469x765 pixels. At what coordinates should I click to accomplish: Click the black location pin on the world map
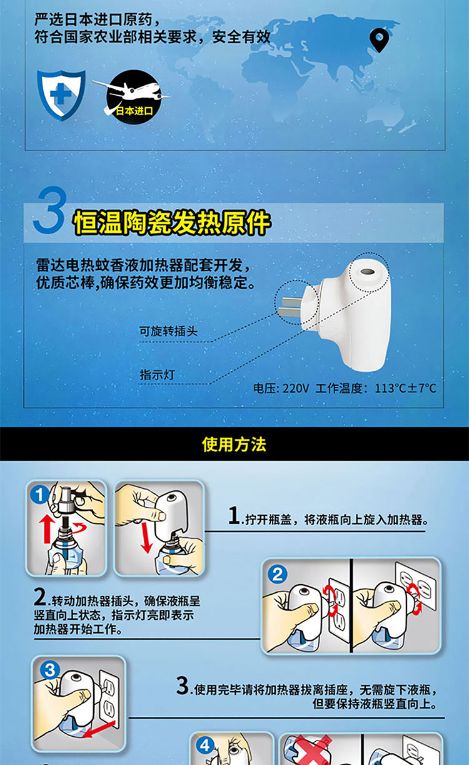379,39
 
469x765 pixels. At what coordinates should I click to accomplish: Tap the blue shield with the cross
61,95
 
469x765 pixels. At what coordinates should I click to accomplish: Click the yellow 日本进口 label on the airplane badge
134,111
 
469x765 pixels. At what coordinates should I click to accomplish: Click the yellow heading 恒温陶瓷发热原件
171,223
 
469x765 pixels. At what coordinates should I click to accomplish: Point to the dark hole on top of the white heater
367,272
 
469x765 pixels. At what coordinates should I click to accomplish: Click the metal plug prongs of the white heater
290,306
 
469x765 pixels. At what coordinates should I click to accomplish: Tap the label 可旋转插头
168,331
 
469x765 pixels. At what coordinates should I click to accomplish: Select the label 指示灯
157,374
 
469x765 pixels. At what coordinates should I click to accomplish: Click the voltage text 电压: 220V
281,388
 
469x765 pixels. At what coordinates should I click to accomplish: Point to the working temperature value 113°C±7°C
405,388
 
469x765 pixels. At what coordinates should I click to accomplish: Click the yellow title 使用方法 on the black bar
234,444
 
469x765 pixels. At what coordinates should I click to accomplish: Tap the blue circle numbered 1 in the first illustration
39,495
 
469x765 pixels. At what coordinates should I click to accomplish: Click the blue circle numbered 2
277,574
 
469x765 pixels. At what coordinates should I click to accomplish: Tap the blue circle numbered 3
50,670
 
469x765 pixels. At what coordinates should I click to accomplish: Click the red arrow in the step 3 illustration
99,729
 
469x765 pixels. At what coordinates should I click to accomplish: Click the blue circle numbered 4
204,745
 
